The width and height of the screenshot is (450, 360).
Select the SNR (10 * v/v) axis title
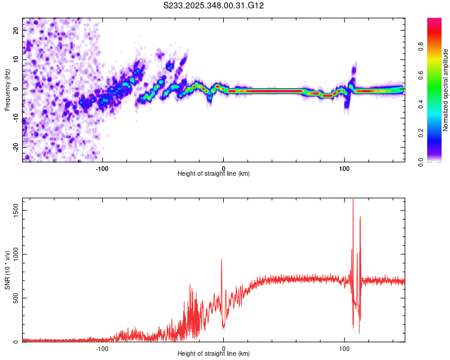click(x=7, y=271)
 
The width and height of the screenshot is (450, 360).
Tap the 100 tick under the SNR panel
click(x=344, y=348)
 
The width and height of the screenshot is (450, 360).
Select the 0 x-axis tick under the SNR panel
click(x=223, y=348)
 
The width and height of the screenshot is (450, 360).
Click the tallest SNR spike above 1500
click(x=353, y=200)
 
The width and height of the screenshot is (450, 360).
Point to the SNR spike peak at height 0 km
click(x=221, y=260)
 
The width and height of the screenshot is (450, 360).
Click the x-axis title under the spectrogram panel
click(x=214, y=174)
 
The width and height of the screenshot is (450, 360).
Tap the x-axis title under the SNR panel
click(x=214, y=355)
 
